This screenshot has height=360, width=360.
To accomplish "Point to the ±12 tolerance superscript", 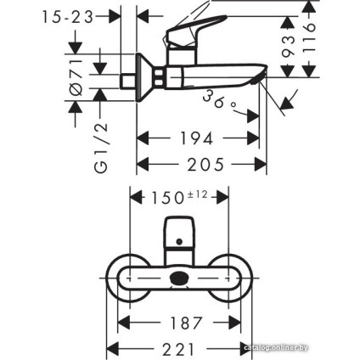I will [x=196, y=194].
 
